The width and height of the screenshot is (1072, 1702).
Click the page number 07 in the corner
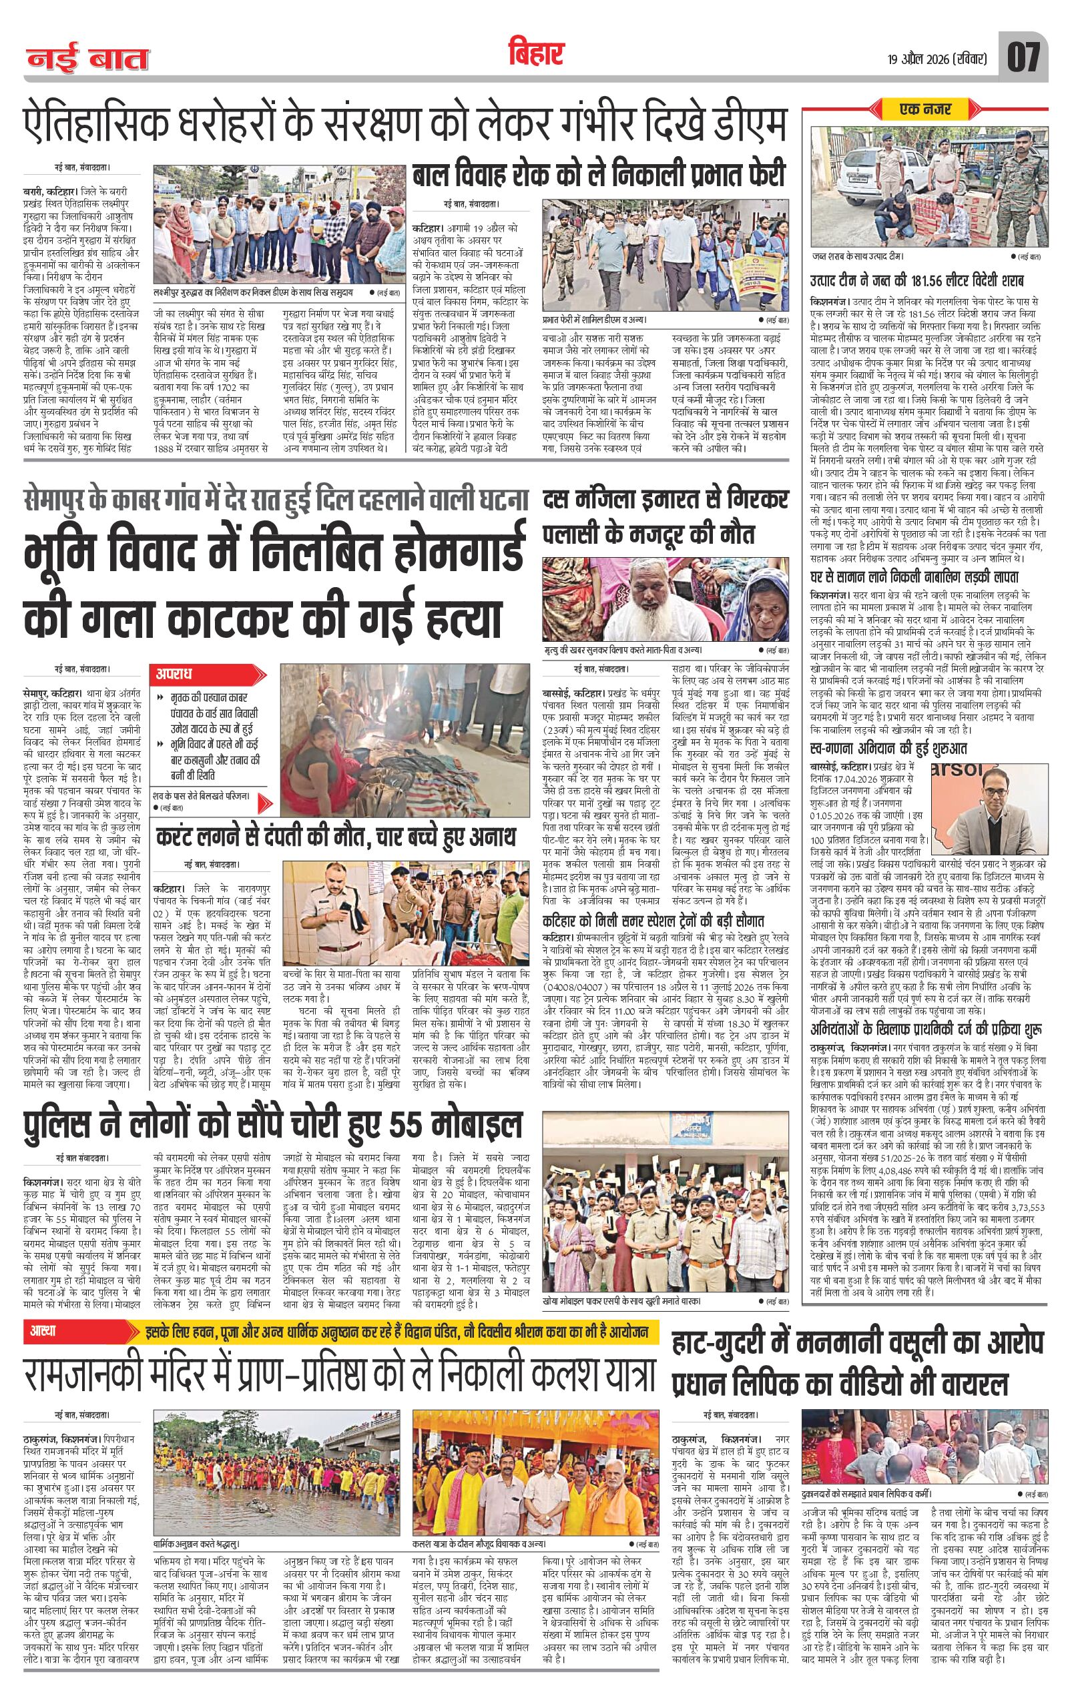pos(1023,57)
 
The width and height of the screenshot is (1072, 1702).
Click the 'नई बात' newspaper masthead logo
pos(88,59)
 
